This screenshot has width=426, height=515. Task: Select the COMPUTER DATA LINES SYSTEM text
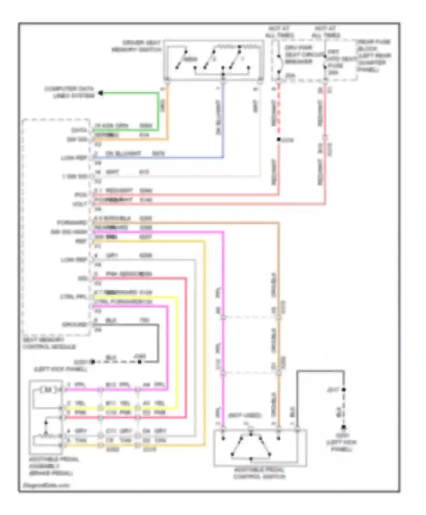[69, 92]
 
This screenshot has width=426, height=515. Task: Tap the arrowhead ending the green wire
[101, 93]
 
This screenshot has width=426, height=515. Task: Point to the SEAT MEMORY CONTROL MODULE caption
[49, 343]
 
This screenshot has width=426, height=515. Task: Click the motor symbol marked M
[48, 390]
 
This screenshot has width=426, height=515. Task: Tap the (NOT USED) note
[245, 416]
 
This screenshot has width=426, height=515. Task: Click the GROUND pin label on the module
[74, 325]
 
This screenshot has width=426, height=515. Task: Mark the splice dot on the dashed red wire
[279, 139]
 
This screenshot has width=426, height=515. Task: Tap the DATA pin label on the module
[79, 130]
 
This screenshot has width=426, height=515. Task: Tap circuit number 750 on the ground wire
[144, 320]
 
